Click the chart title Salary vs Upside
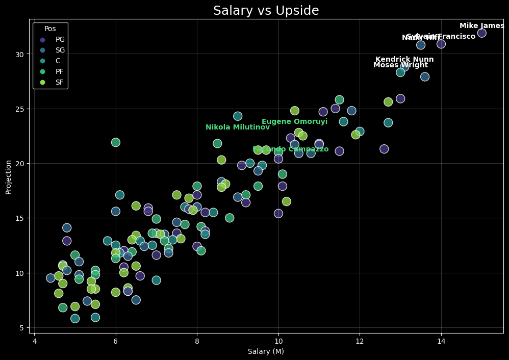click(266, 11)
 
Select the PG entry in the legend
click(60, 39)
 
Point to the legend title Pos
click(50, 29)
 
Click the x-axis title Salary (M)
click(266, 351)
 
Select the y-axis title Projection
click(9, 177)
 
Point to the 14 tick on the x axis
click(441, 341)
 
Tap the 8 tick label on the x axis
click(197, 341)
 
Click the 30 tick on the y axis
click(21, 54)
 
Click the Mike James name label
click(481, 26)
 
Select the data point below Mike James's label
click(481, 33)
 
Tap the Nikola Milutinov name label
click(237, 127)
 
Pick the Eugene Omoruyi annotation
click(294, 122)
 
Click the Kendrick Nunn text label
click(404, 60)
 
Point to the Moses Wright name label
click(400, 65)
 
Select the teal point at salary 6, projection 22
click(116, 142)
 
